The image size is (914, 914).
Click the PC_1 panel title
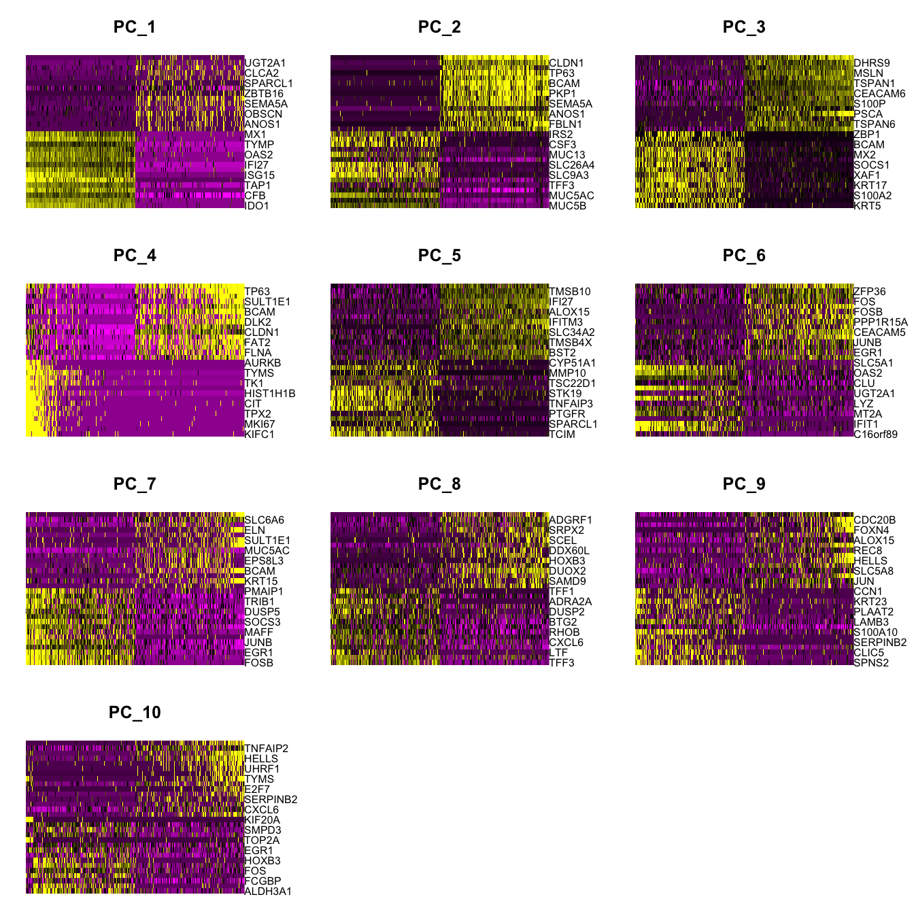pyautogui.click(x=135, y=27)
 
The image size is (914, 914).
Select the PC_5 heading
pyautogui.click(x=439, y=256)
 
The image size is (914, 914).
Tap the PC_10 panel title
pyautogui.click(x=135, y=713)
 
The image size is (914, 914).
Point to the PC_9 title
pyautogui.click(x=744, y=484)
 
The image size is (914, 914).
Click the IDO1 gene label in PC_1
pyautogui.click(x=257, y=206)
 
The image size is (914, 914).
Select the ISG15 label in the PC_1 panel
pyautogui.click(x=260, y=175)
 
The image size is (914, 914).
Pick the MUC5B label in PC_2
pyautogui.click(x=567, y=206)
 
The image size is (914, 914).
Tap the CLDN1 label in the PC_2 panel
pyautogui.click(x=566, y=63)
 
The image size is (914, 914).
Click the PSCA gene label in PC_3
pyautogui.click(x=868, y=114)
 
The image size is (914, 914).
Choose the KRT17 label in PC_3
pyautogui.click(x=870, y=186)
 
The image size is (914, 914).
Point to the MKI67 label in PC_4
pyautogui.click(x=260, y=424)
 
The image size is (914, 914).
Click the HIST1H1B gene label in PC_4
pyautogui.click(x=270, y=394)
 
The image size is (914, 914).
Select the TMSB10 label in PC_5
pyautogui.click(x=570, y=292)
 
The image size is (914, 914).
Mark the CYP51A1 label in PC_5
pyautogui.click(x=573, y=363)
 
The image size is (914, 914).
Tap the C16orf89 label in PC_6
pyautogui.click(x=876, y=435)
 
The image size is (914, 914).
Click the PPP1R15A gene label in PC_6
pyautogui.click(x=881, y=322)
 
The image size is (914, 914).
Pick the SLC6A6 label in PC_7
pyautogui.click(x=264, y=520)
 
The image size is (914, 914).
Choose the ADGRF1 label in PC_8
pyautogui.click(x=571, y=520)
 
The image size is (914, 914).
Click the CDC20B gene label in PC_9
pyautogui.click(x=875, y=520)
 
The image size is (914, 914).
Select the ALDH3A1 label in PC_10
pyautogui.click(x=268, y=892)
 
